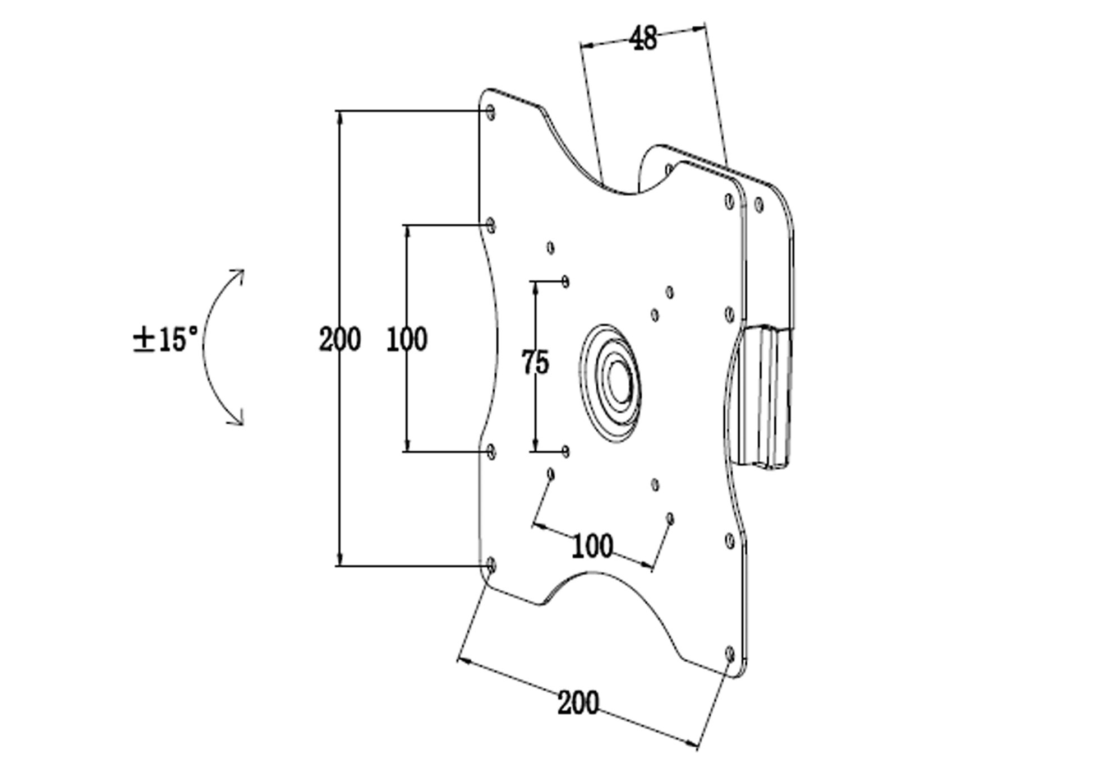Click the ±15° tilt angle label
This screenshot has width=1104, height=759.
tap(165, 340)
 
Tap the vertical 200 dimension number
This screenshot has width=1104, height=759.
tap(339, 340)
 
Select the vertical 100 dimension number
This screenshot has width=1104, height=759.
tap(407, 340)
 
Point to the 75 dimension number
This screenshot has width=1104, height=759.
tap(535, 362)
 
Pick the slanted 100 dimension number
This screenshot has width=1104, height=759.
tap(592, 546)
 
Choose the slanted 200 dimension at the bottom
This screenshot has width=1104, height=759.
tap(578, 703)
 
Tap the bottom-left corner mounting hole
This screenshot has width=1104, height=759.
tap(491, 565)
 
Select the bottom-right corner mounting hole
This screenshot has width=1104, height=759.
tap(730, 654)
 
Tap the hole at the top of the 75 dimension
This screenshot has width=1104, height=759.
tap(565, 281)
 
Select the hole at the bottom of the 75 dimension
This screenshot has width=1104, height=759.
tap(565, 451)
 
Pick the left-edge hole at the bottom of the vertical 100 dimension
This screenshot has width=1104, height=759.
tap(491, 451)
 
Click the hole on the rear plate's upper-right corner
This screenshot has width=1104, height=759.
tap(759, 205)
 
